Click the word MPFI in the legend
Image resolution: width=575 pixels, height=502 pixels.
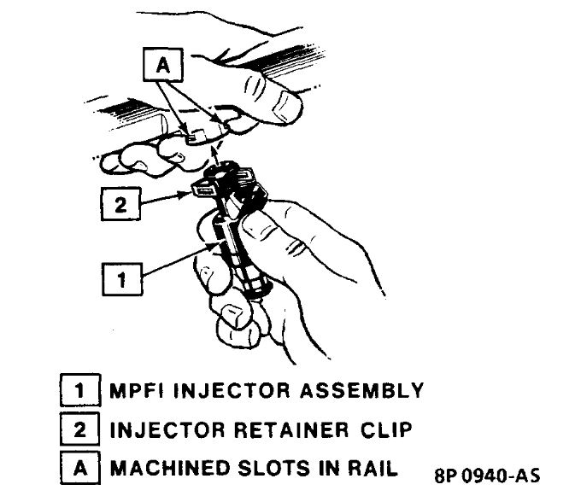coord(141,392)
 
